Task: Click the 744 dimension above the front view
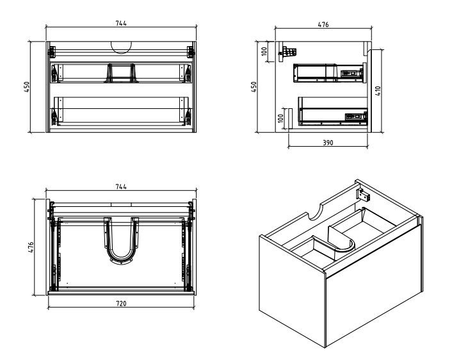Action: pos(120,23)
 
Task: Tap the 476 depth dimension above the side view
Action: pos(323,24)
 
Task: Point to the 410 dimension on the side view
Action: pos(378,91)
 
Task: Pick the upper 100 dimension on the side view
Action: pos(264,51)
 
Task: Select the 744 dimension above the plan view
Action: pos(120,186)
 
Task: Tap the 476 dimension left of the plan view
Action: pos(29,247)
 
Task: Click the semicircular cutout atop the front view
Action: pos(120,46)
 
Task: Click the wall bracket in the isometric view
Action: pos(362,192)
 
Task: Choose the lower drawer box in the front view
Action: pos(120,111)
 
